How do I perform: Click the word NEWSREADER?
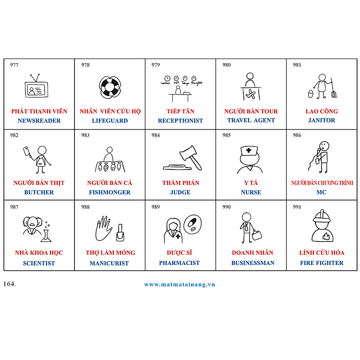click(x=39, y=120)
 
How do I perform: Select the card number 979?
click(x=156, y=65)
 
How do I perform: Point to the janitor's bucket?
click(x=311, y=94)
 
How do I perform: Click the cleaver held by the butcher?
click(x=26, y=152)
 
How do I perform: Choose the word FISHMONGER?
click(x=109, y=192)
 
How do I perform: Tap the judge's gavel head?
click(x=188, y=152)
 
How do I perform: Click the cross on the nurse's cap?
click(x=249, y=150)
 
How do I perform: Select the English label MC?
click(x=321, y=192)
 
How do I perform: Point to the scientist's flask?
click(x=46, y=236)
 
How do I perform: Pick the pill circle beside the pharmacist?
click(x=192, y=224)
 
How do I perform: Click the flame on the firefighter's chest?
click(x=326, y=236)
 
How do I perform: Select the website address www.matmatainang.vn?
click(x=180, y=285)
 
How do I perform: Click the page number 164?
click(x=10, y=284)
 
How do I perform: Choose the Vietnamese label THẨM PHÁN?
click(x=180, y=183)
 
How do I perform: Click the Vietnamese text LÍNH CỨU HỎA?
click(x=322, y=252)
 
